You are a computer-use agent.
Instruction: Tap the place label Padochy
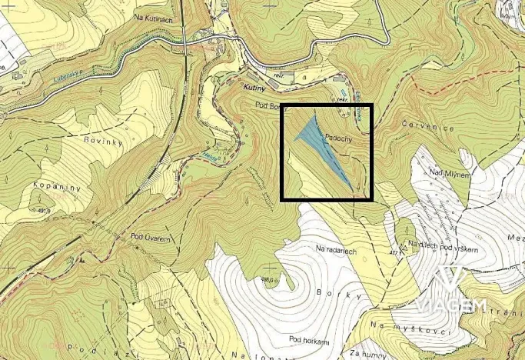339,134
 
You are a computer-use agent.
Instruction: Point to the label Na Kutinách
151,16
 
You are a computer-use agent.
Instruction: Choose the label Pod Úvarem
150,237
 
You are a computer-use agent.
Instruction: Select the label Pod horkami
309,339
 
